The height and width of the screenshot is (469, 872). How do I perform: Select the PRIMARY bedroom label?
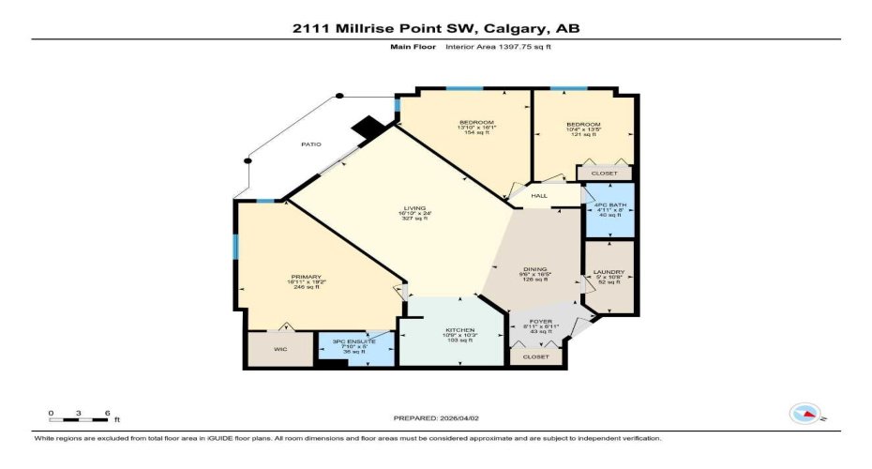pyautogui.click(x=306, y=277)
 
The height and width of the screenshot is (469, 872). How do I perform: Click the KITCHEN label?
pyautogui.click(x=459, y=331)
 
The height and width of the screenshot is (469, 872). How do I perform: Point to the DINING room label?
pyautogui.click(x=535, y=270)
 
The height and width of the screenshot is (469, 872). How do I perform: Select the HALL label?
pyautogui.click(x=539, y=196)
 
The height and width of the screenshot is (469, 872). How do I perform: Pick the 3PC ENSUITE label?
pyautogui.click(x=354, y=342)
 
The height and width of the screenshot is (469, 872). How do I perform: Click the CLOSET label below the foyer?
pyautogui.click(x=535, y=357)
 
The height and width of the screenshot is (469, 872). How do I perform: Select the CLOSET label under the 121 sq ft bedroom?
pyautogui.click(x=604, y=174)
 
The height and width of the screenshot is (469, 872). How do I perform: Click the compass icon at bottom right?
pyautogui.click(x=805, y=413)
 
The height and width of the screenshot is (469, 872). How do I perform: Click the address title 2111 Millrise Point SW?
pyautogui.click(x=435, y=28)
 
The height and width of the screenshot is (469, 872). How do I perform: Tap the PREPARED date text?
pyautogui.click(x=436, y=418)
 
